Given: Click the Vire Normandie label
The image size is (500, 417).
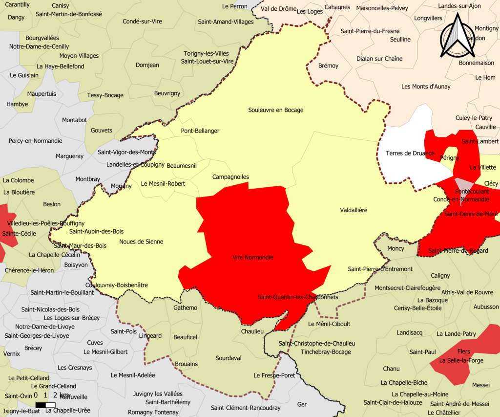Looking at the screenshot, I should (253, 258).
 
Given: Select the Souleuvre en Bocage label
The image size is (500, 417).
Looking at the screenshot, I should (276, 110).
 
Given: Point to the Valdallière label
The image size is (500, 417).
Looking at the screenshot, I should (354, 210).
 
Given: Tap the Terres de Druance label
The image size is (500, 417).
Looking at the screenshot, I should (410, 154).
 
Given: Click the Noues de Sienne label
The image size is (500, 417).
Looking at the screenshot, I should (141, 241).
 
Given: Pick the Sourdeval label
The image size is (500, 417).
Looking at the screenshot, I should (229, 358).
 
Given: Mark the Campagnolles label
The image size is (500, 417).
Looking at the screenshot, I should (230, 177).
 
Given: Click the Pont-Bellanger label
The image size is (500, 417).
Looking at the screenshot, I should (200, 131).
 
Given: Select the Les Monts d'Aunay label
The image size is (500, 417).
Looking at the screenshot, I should (426, 87).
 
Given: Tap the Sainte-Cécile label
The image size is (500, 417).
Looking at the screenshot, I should (19, 234).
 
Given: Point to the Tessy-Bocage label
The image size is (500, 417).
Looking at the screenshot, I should (105, 95).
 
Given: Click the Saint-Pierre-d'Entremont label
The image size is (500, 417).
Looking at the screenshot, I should (380, 269).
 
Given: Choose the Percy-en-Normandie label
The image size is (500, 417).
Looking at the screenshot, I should (35, 141).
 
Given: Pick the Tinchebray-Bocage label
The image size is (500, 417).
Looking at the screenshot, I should (326, 352).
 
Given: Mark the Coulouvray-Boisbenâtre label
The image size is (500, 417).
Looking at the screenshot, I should (116, 285).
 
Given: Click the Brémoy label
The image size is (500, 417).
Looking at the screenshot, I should (328, 66).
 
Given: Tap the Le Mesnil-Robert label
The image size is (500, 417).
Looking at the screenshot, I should (163, 184).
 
